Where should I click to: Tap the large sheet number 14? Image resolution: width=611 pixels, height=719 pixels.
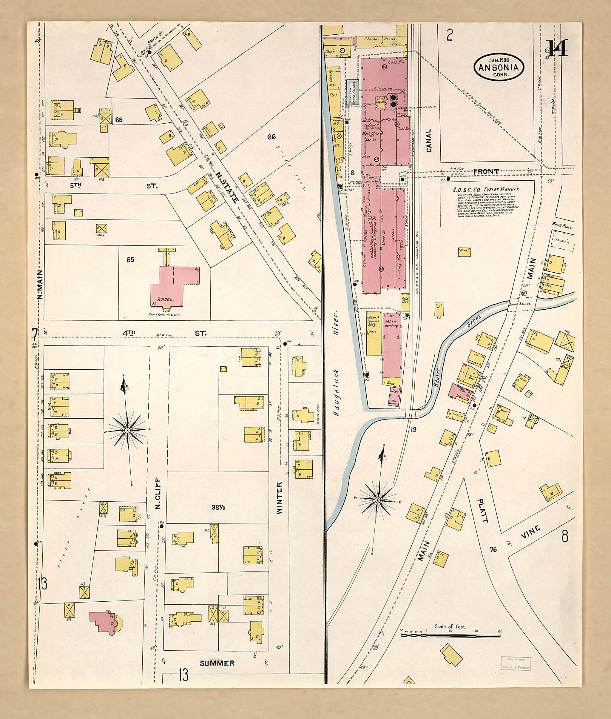(x=557, y=49)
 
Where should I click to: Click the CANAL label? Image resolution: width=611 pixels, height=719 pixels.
(x=429, y=140)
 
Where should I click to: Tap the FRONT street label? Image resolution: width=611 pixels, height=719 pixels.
(x=486, y=171)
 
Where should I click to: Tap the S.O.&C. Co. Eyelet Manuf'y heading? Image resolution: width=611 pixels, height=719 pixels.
(x=486, y=190)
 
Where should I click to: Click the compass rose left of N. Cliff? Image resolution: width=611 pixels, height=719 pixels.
(x=127, y=430)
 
